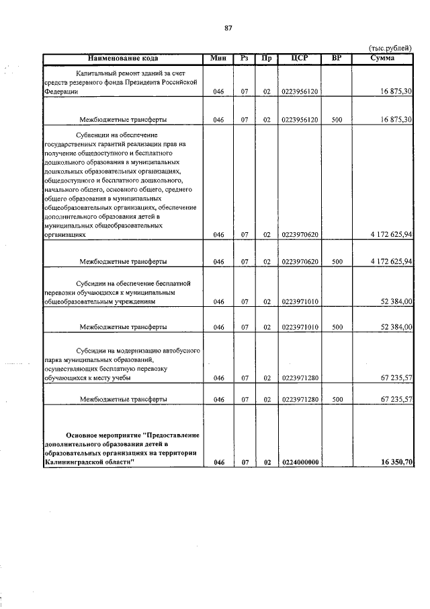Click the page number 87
[228, 28]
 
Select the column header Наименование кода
[122, 59]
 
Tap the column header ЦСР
[300, 59]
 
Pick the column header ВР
[337, 59]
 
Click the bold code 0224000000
[300, 462]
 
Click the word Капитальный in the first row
[100, 72]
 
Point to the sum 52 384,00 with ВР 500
[396, 327]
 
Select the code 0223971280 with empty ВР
[300, 378]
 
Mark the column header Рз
[245, 59]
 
